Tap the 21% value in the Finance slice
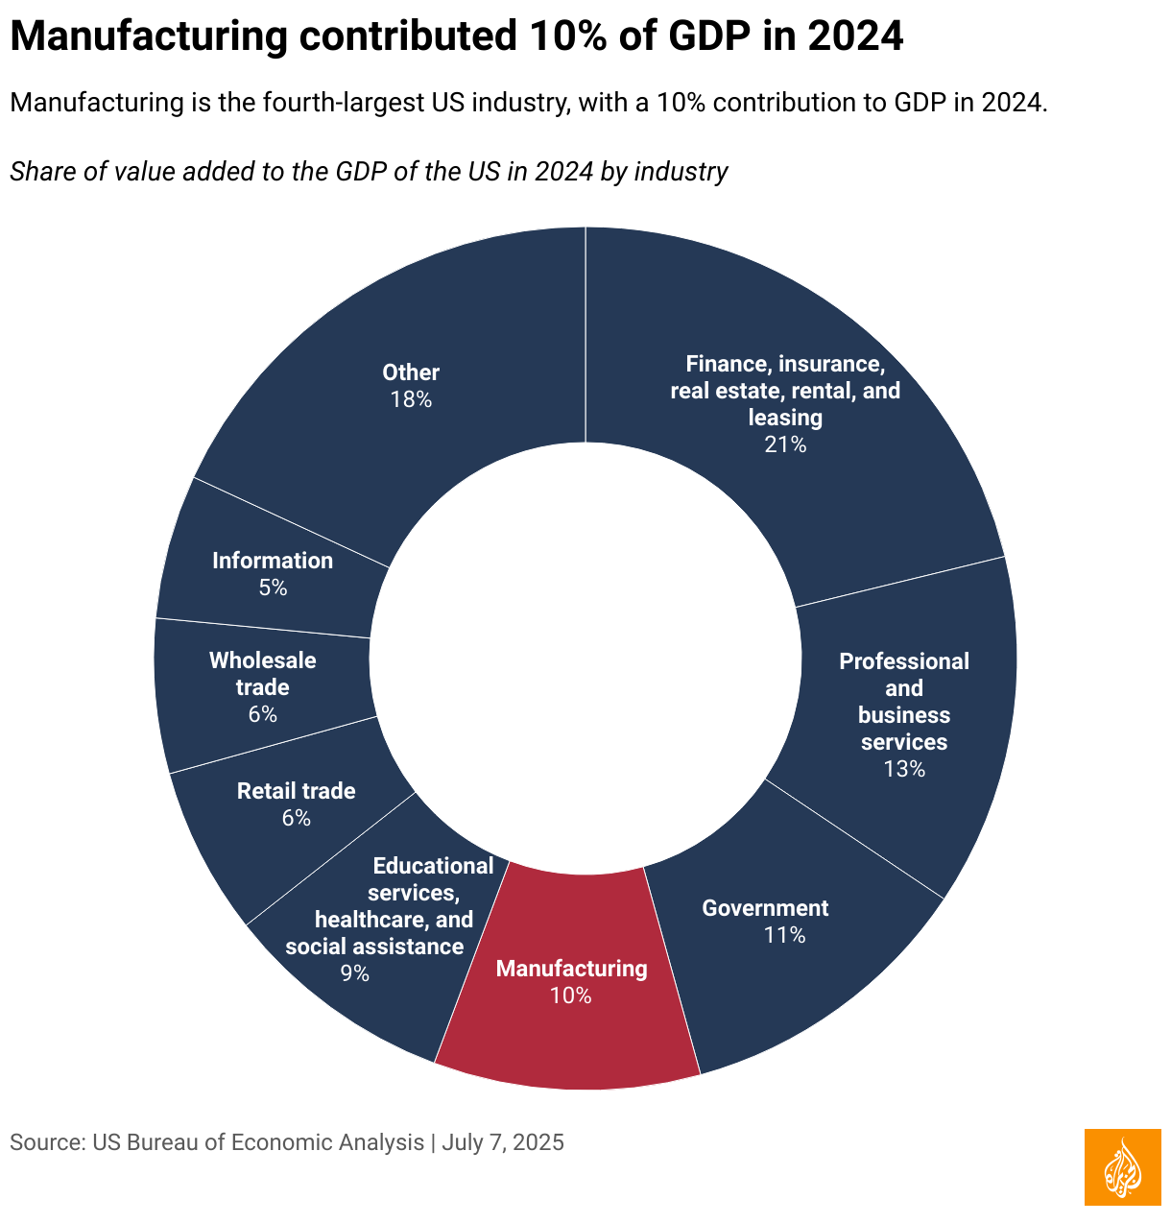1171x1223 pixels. click(x=785, y=444)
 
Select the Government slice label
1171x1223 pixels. click(x=765, y=908)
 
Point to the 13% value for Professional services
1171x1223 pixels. click(x=904, y=769)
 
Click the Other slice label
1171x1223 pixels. click(x=411, y=372)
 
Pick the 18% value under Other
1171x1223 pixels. click(x=411, y=399)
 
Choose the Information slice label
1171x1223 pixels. click(x=273, y=561)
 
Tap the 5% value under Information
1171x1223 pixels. click(x=273, y=588)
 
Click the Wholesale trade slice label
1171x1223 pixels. click(x=262, y=674)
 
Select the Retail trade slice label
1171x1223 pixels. click(x=296, y=791)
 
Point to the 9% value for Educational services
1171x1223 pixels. click(x=354, y=973)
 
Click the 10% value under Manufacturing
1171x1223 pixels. click(x=571, y=995)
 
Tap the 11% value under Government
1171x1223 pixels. click(x=784, y=935)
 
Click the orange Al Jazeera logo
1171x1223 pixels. click(x=1122, y=1167)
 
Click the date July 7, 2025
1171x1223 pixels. click(x=504, y=1142)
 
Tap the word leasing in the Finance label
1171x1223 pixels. click(x=785, y=418)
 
